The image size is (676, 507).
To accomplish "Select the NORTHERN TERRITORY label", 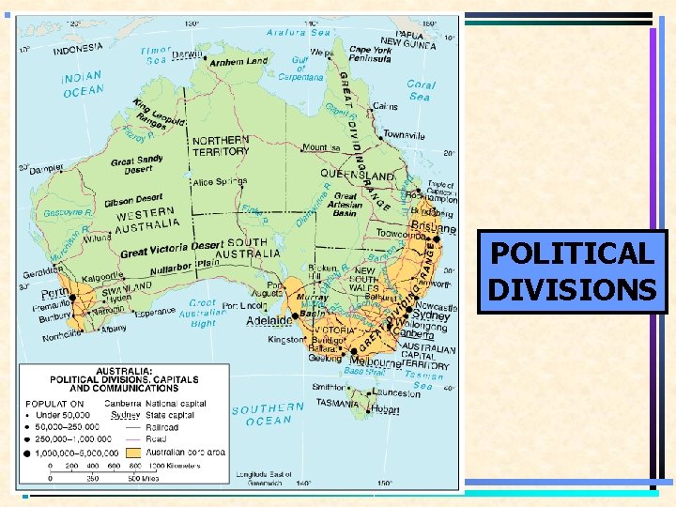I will point(221,146).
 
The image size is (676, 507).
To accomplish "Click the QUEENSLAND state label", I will point(358,175).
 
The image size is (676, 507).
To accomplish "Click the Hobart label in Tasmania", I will point(385,409).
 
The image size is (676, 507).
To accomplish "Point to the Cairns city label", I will point(386,106).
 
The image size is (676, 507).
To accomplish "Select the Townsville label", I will point(405,135).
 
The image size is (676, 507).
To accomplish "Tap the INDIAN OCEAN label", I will point(84,84).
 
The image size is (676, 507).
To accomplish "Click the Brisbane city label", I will point(434,228).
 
